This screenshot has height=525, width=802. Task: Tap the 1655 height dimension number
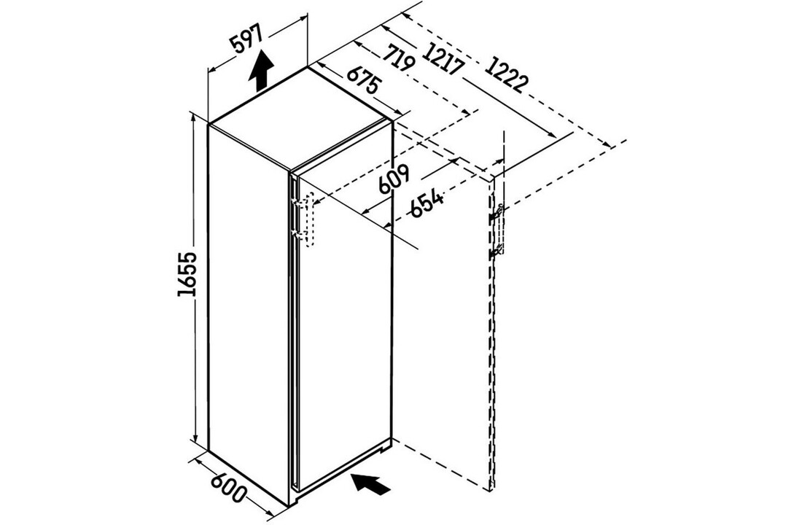pyautogui.click(x=187, y=273)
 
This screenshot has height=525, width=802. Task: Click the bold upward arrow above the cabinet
pyautogui.click(x=261, y=71)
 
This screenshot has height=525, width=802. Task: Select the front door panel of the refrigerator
pyautogui.click(x=343, y=312)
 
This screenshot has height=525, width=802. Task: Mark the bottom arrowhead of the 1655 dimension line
pyautogui.click(x=195, y=437)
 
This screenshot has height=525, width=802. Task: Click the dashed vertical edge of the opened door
pyautogui.click(x=492, y=332)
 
